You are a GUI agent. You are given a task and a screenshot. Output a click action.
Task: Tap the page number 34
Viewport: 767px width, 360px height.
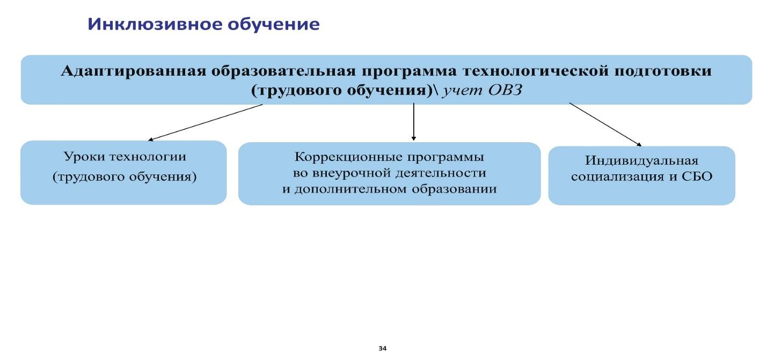coord(383,348)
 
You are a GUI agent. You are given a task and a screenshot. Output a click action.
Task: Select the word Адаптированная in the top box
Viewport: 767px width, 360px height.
coord(134,71)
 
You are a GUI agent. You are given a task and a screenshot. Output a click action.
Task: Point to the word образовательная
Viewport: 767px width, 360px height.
coord(284,71)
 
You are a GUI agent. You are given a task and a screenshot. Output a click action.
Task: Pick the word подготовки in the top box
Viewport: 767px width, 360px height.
coord(663,71)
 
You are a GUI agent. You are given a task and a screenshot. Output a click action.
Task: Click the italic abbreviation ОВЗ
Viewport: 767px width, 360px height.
coord(505,90)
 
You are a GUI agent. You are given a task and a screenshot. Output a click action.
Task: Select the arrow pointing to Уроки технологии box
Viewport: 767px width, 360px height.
coord(205,122)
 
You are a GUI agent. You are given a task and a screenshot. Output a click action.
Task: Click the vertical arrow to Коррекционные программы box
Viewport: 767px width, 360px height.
coord(414,121)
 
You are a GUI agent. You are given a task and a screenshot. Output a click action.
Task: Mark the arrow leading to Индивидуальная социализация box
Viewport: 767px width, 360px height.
coord(605,124)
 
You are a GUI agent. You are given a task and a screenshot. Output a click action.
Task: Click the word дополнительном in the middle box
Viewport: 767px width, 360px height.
coord(350,189)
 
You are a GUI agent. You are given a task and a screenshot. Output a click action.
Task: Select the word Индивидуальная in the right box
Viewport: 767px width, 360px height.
coord(641,160)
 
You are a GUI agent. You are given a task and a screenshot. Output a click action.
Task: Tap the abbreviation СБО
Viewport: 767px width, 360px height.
coord(697,177)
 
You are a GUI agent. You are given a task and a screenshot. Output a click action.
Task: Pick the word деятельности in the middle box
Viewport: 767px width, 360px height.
coord(441,173)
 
